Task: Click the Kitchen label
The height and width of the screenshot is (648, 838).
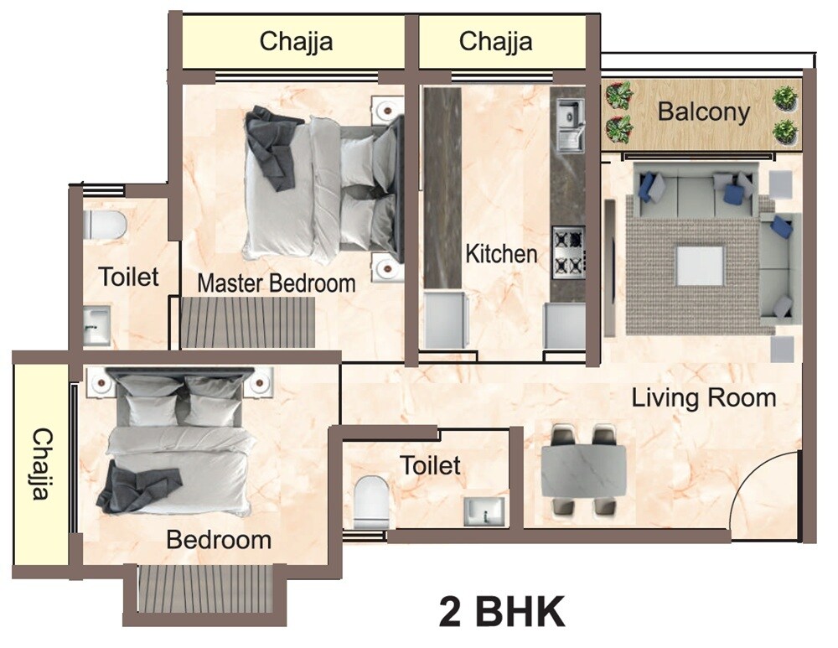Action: [501, 253]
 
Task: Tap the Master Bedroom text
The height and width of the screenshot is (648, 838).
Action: [276, 283]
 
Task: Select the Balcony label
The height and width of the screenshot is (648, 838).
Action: [703, 111]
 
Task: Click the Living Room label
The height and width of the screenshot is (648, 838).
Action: [704, 397]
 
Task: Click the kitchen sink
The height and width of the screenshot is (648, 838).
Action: [570, 124]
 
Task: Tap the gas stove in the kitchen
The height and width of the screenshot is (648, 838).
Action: [568, 251]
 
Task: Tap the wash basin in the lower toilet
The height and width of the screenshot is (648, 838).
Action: [484, 511]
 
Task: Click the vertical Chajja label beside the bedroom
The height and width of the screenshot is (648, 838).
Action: [40, 464]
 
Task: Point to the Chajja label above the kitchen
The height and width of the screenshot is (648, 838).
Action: [495, 41]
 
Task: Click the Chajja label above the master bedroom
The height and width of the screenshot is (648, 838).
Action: [296, 41]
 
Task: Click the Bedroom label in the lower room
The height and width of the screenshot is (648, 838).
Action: [219, 540]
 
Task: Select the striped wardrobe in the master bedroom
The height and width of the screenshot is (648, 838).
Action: [247, 322]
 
